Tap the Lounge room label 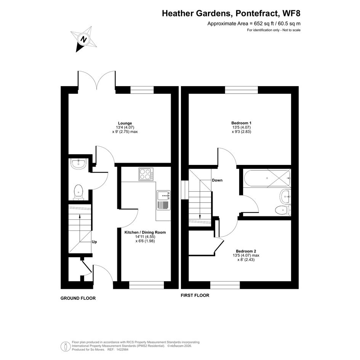[125, 123]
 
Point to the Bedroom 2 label [246, 251]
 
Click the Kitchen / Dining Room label [145, 232]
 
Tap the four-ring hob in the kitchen [146, 174]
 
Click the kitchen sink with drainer [164, 200]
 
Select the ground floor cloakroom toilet [78, 192]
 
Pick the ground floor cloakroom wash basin [78, 164]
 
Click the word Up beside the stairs [94, 242]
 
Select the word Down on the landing [217, 180]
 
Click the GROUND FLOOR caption [78, 298]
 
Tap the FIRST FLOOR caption [195, 295]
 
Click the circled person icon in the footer [66, 346]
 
